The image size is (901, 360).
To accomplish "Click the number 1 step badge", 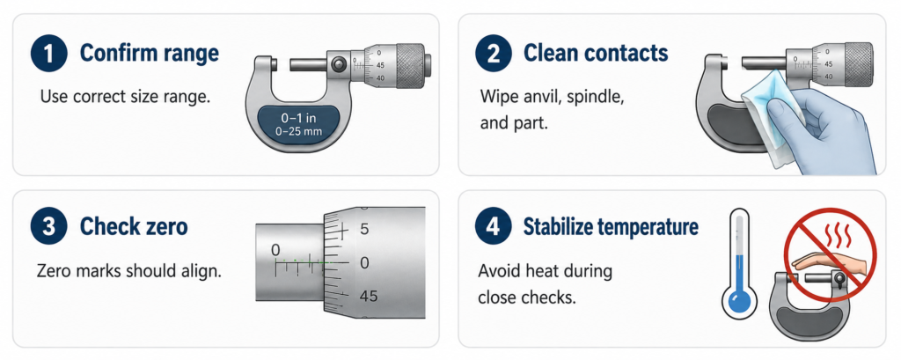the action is (49, 54).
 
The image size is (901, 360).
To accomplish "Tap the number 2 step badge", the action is (493, 54).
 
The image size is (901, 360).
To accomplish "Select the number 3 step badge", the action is (49, 226).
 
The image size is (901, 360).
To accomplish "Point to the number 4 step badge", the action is (493, 226).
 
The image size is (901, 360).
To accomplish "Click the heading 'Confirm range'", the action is (150, 53).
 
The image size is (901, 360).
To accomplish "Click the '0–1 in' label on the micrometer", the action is (298, 119).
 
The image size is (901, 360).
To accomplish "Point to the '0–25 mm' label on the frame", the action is (298, 132).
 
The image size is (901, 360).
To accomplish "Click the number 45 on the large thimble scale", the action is (368, 296).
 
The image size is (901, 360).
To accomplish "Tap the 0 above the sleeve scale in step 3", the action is (275, 250).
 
